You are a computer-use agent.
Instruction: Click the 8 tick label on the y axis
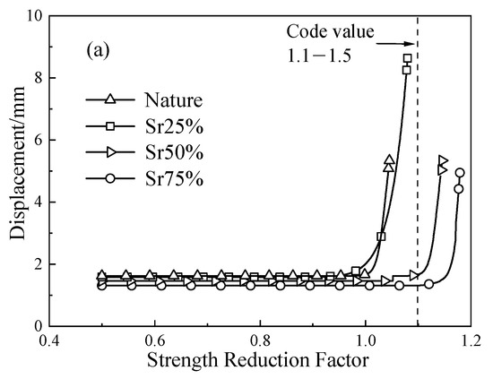point(35,78)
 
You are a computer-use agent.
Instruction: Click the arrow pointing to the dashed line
point(394,42)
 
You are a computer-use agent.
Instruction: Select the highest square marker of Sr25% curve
point(407,58)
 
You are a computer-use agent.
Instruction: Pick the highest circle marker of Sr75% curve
point(460,173)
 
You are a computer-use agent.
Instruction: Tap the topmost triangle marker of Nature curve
point(389,159)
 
